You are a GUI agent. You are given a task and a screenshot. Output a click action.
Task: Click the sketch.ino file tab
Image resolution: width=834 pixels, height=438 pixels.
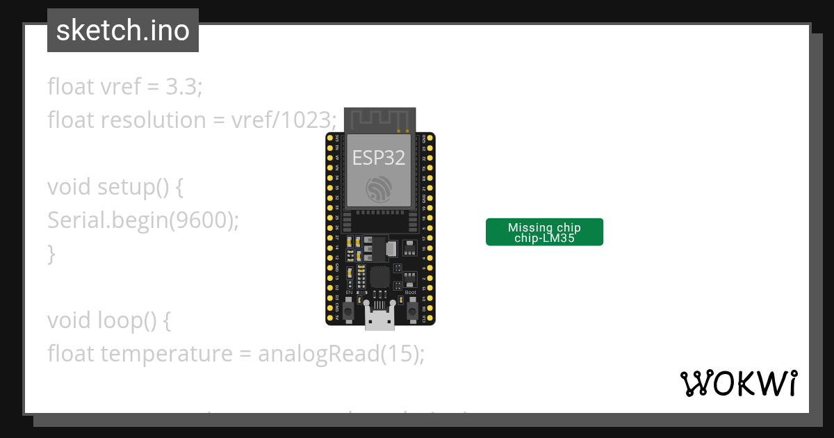pyautogui.click(x=122, y=31)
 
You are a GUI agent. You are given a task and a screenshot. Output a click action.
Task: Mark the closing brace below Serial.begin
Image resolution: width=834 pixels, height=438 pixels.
pyautogui.click(x=51, y=254)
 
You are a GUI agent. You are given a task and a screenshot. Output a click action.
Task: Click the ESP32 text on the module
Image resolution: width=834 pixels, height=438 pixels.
pyautogui.click(x=379, y=158)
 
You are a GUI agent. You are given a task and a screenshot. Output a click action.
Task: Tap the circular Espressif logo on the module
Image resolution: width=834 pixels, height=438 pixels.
pyautogui.click(x=379, y=188)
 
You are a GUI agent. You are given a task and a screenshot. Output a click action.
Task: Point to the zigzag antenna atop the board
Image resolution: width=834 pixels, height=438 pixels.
pyautogui.click(x=380, y=119)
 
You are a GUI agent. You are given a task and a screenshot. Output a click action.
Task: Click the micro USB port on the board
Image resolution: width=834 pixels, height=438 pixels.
pyautogui.click(x=379, y=318)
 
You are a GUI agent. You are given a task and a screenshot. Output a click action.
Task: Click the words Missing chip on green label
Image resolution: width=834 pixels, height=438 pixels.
pyautogui.click(x=544, y=227)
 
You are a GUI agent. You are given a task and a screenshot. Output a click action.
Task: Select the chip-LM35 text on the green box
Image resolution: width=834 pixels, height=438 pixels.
pyautogui.click(x=544, y=238)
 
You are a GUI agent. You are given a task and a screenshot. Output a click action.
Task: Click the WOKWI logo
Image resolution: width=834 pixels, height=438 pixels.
pyautogui.click(x=739, y=383)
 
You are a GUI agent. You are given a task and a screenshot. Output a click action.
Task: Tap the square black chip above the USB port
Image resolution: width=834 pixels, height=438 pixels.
pyautogui.click(x=379, y=277)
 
